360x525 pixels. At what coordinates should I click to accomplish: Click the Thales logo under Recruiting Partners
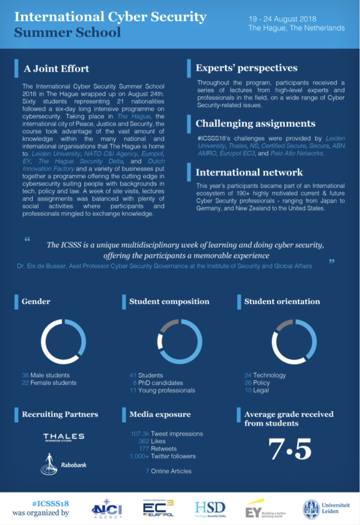click(x=64, y=437)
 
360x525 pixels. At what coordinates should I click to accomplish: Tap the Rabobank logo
click(x=64, y=464)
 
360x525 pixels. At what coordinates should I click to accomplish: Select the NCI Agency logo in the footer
click(x=107, y=509)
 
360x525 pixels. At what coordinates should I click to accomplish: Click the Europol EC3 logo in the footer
click(x=158, y=509)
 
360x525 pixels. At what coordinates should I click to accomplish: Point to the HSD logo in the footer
click(x=210, y=509)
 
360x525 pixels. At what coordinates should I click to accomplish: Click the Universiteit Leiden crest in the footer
click(x=311, y=509)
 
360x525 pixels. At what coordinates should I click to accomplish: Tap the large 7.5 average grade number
click(x=290, y=449)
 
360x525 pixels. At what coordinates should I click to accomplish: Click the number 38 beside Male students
click(x=25, y=375)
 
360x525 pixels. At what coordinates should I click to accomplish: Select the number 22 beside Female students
click(x=25, y=383)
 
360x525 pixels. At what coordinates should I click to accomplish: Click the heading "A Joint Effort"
click(x=56, y=68)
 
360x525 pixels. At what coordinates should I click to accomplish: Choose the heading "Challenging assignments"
click(x=255, y=123)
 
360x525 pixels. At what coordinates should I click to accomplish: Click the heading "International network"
click(x=249, y=172)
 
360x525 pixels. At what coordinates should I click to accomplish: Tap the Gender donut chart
click(x=64, y=342)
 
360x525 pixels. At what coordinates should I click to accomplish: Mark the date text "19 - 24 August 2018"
click(x=283, y=19)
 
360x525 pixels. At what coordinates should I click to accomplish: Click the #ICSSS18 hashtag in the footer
click(x=50, y=504)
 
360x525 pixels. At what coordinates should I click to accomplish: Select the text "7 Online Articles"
click(x=168, y=471)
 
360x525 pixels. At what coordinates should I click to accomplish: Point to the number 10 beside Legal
click(x=248, y=390)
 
